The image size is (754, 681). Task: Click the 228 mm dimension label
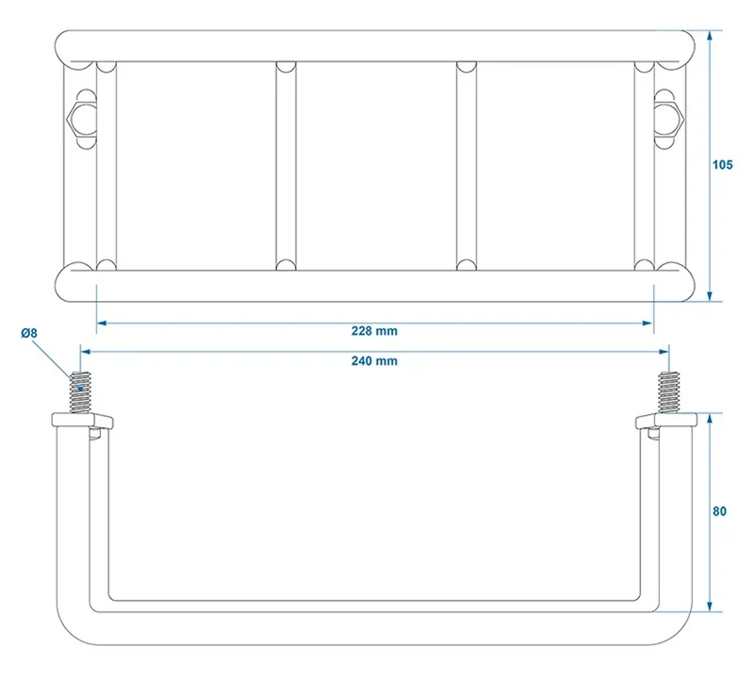(x=374, y=331)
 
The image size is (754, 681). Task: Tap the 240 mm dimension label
(x=374, y=361)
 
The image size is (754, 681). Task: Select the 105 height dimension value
(x=722, y=165)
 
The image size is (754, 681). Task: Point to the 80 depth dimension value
(x=719, y=511)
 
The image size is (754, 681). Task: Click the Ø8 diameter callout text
(x=29, y=333)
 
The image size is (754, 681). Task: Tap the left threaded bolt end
(x=81, y=392)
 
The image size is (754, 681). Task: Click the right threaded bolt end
(x=668, y=392)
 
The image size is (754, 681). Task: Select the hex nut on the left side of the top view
(x=76, y=119)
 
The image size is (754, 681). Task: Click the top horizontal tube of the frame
(x=374, y=46)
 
